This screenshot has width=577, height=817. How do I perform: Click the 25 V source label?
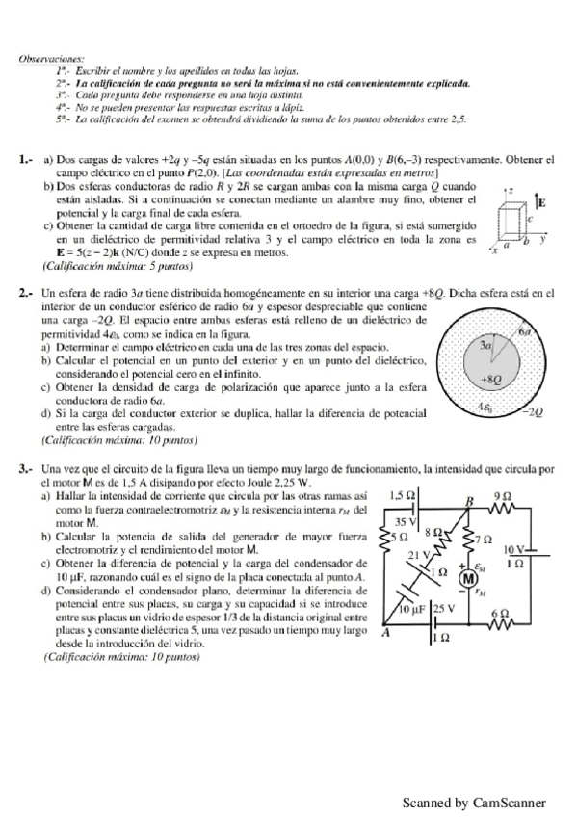[x=442, y=610]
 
